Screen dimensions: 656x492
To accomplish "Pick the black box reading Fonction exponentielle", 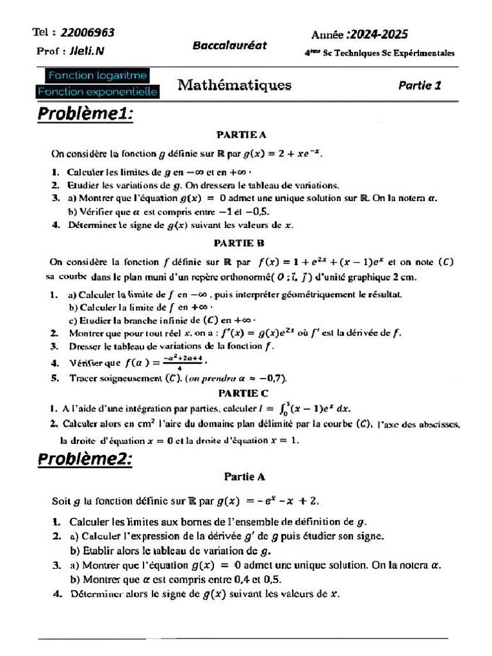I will (98, 92).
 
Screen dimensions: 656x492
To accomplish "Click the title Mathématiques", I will (234, 85).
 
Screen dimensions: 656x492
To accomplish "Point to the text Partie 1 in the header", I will (420, 85).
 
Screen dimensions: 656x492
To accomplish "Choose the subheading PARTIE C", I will (243, 393).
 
